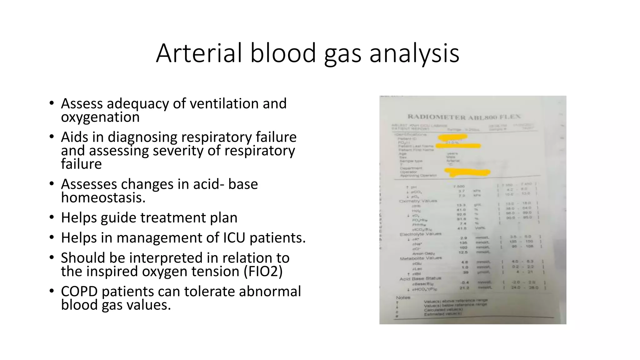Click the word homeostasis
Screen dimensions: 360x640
103,197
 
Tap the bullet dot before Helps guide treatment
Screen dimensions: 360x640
52,217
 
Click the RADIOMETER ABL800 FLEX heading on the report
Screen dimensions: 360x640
464,117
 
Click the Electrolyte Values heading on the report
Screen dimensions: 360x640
420,234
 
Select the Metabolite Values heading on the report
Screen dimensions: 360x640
421,258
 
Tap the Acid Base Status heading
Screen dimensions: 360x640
420,278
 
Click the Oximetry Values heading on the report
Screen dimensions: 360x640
418,201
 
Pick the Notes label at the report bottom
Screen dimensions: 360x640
403,297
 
